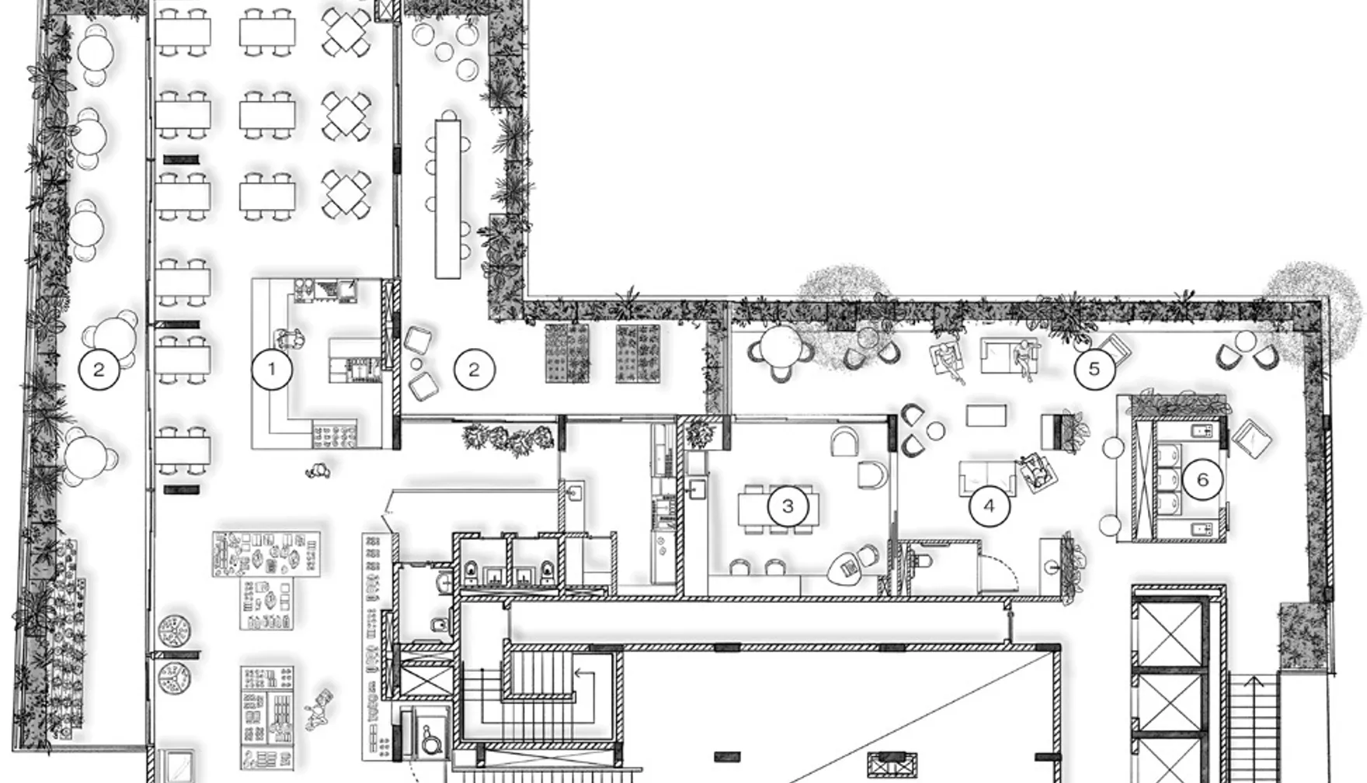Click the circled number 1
click(x=271, y=370)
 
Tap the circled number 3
click(x=788, y=506)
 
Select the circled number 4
click(x=989, y=506)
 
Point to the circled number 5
click(x=1094, y=369)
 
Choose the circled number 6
click(x=1202, y=479)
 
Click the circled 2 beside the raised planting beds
click(x=474, y=370)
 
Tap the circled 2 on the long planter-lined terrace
click(x=99, y=370)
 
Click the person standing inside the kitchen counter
click(x=289, y=339)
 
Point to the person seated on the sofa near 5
click(x=1024, y=360)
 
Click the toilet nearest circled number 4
click(x=920, y=559)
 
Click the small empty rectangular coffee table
click(x=986, y=416)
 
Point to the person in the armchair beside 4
click(x=1035, y=471)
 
